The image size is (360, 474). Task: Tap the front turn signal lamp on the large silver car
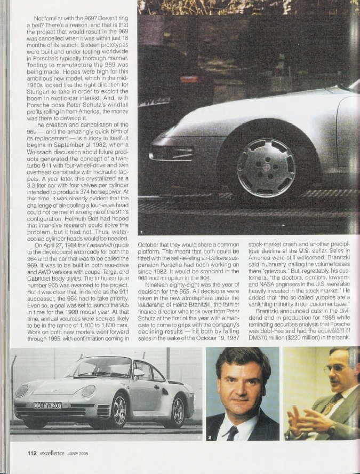click(166, 154)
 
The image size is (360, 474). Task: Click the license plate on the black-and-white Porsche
click(47, 406)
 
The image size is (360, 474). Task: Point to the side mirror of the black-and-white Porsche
click(139, 374)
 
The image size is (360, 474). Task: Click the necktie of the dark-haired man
click(233, 432)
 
